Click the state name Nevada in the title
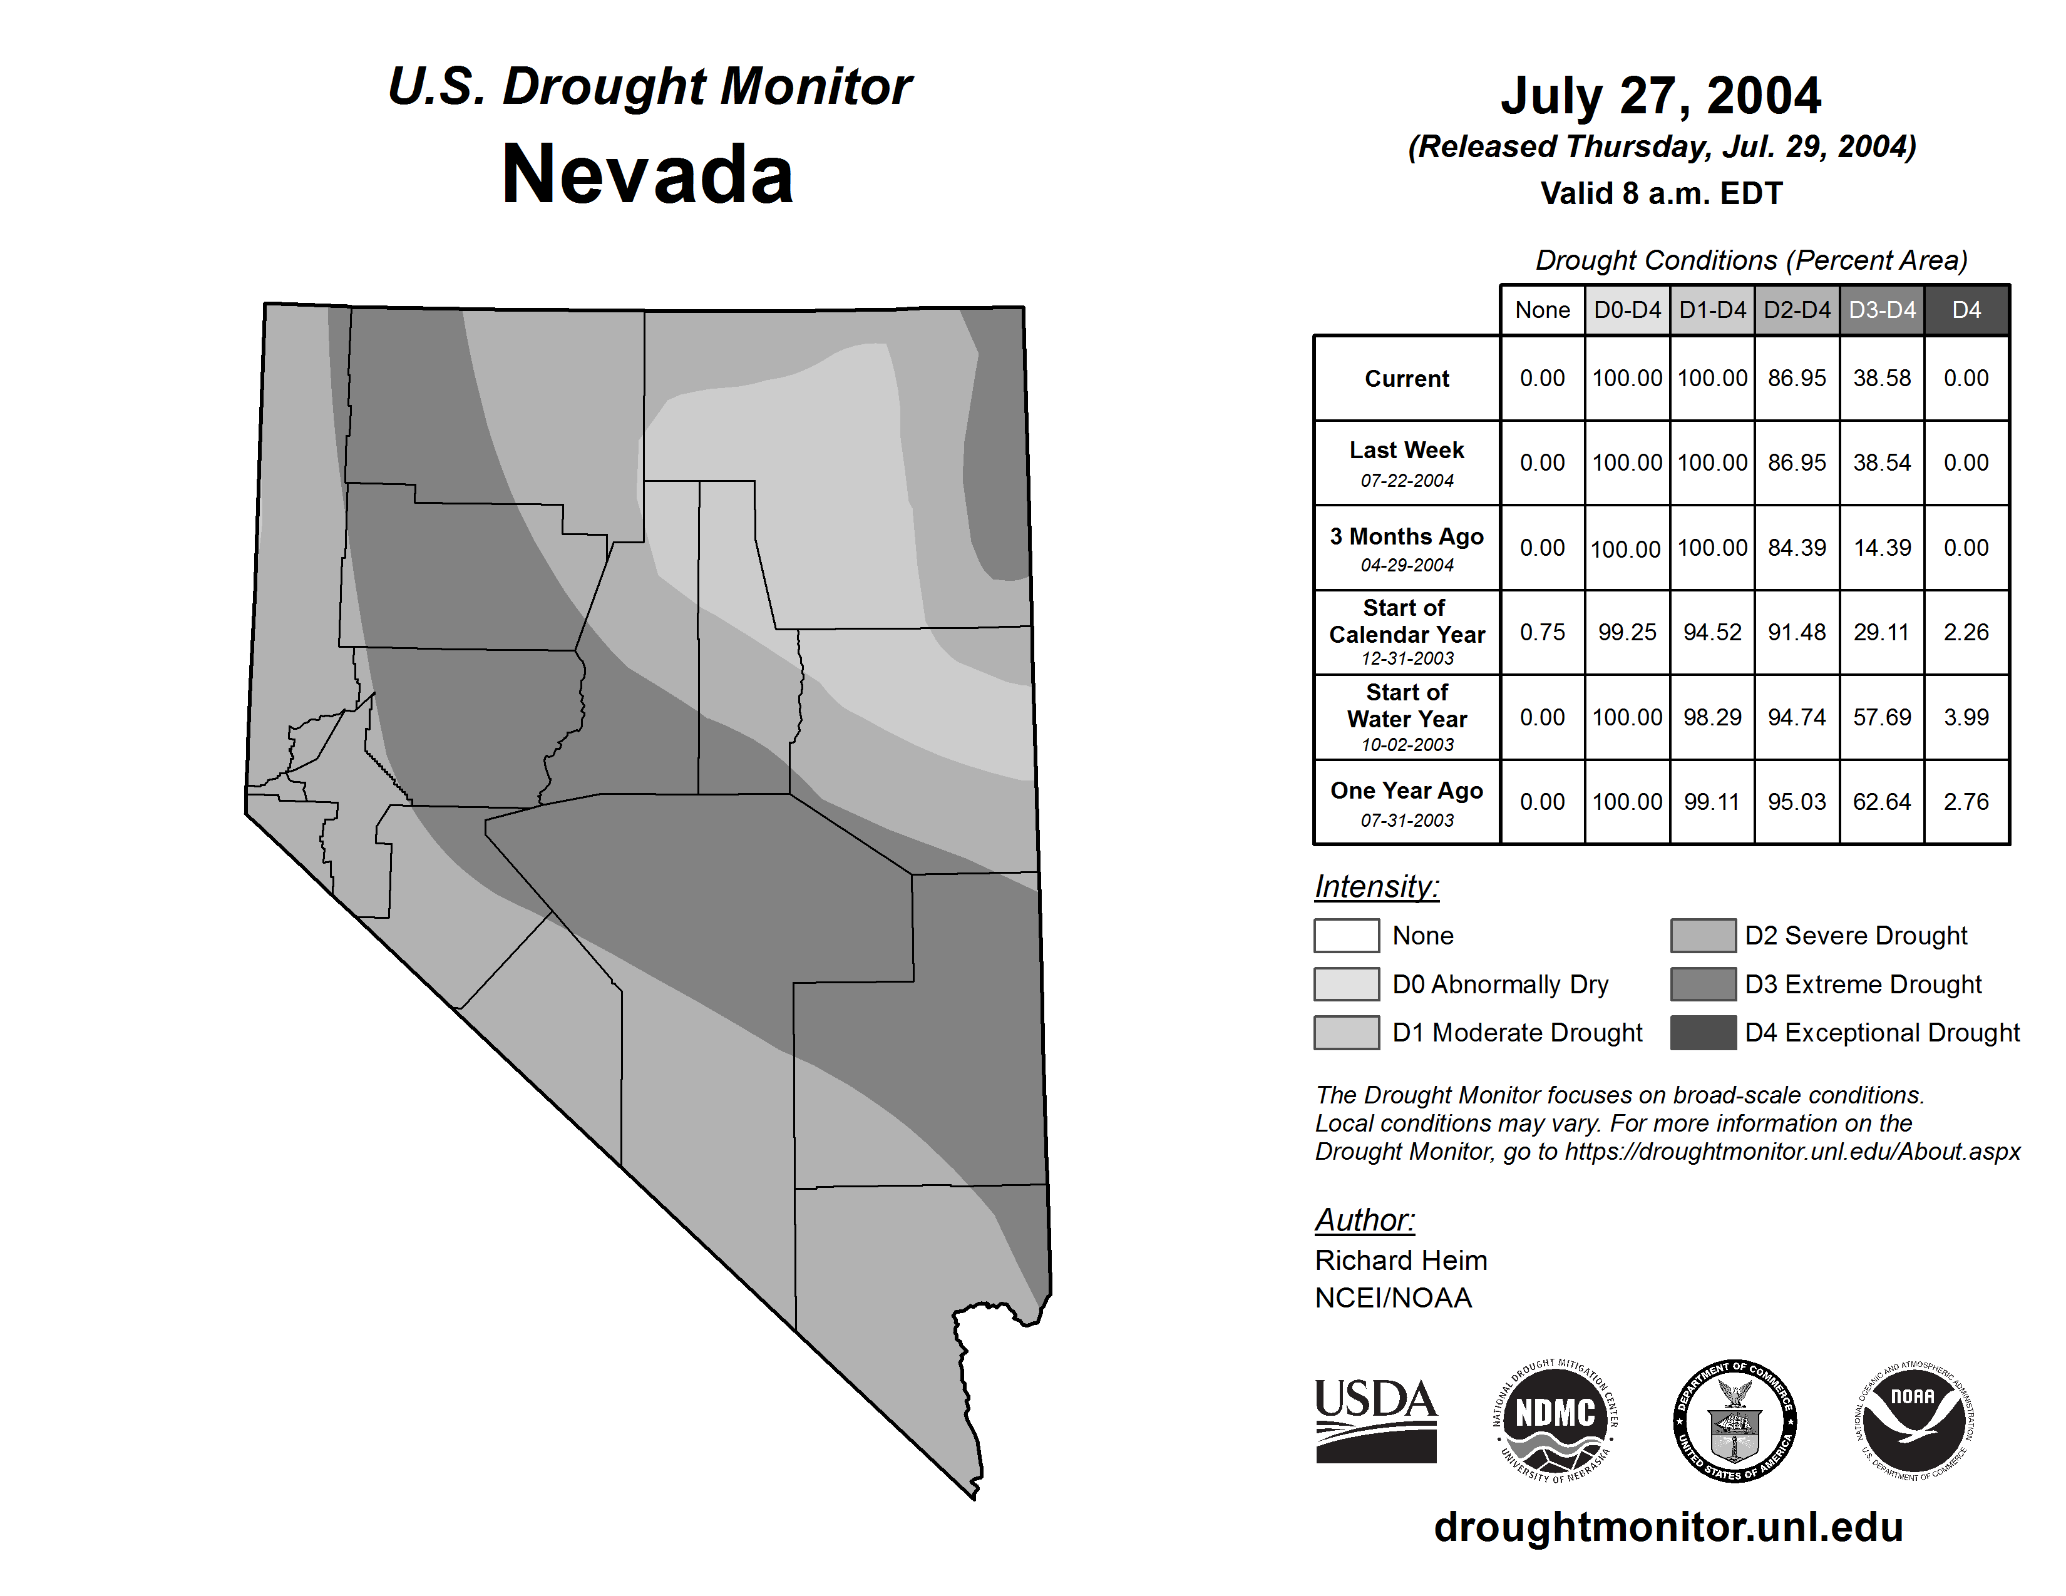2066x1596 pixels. pyautogui.click(x=647, y=175)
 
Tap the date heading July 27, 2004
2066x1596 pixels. pyautogui.click(x=1660, y=96)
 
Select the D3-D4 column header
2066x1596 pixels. pyautogui.click(x=1881, y=310)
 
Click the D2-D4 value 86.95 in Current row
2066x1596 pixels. pyautogui.click(x=1796, y=378)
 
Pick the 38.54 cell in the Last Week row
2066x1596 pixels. pyautogui.click(x=1881, y=463)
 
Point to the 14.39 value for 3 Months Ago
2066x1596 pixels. pyautogui.click(x=1881, y=548)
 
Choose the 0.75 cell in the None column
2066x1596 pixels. pyautogui.click(x=1542, y=632)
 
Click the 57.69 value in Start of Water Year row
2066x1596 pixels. pyautogui.click(x=1881, y=717)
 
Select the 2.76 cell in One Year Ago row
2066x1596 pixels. pyautogui.click(x=1966, y=802)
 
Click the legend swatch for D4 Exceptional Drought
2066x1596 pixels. pyautogui.click(x=1703, y=1033)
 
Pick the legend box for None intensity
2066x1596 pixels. pyautogui.click(x=1346, y=935)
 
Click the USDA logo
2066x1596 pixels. pyautogui.click(x=1375, y=1420)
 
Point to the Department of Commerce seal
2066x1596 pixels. pyautogui.click(x=1734, y=1420)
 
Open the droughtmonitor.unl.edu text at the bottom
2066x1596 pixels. pyautogui.click(x=1668, y=1527)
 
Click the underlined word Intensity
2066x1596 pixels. pyautogui.click(x=1376, y=887)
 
